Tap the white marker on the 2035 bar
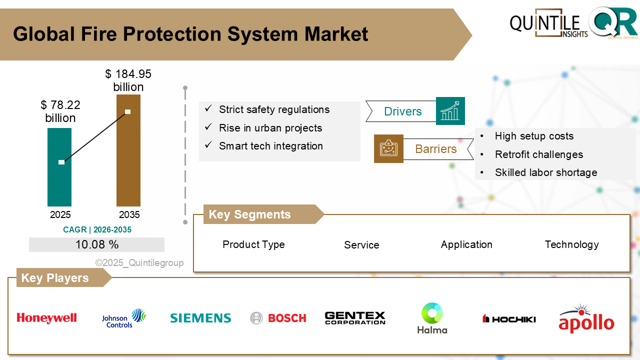pos(128,111)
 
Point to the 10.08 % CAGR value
pos(97,244)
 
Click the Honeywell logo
pos(46,318)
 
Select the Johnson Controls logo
pos(123,318)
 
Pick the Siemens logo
pos(200,318)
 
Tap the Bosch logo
pos(278,318)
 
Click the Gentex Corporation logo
pos(355,318)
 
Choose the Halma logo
pos(432,318)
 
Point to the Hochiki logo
pos(509,318)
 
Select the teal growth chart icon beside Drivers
pos(450,111)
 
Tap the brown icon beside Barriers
pos(388,148)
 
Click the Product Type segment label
pos(253,244)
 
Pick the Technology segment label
pos(571,244)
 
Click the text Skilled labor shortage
pos(546,172)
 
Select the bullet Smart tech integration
pos(270,146)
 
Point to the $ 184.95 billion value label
pos(128,80)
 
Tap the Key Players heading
pos(55,278)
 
